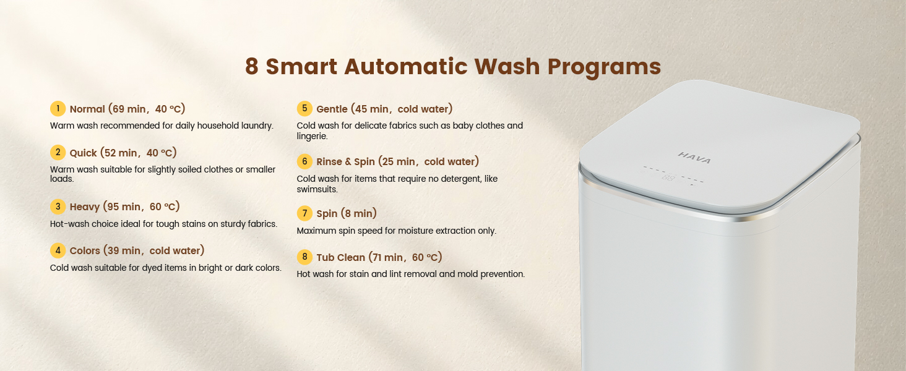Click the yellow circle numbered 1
coord(58,108)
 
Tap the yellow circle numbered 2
coord(58,152)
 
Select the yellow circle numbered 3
coord(58,207)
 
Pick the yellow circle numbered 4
coord(58,250)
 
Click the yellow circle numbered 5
coord(304,108)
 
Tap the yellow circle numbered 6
coord(304,161)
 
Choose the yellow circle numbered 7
coord(304,213)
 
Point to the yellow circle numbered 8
coord(304,257)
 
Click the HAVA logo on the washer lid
coord(694,158)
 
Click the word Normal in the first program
coord(87,109)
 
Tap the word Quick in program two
coord(84,153)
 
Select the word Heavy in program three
coord(85,207)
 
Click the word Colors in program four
coord(85,251)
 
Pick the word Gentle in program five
coord(332,109)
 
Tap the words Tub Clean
coord(340,257)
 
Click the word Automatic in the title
coord(406,66)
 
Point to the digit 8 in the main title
coord(252,66)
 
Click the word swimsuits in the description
coord(317,189)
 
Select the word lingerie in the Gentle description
coord(312,136)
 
